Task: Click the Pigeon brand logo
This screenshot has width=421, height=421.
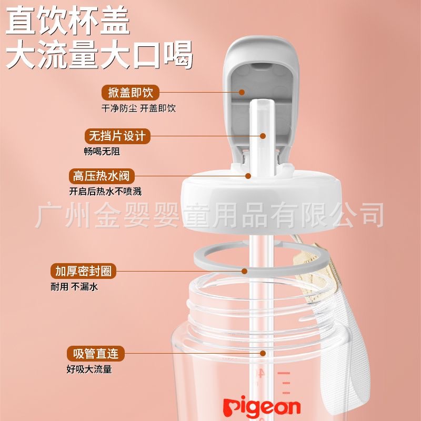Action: (262, 406)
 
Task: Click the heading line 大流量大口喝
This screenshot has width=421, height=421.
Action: (98, 55)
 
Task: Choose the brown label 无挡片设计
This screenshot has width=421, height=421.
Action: (117, 136)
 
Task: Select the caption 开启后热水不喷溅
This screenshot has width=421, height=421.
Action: (105, 191)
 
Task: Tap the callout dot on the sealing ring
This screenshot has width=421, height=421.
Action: (245, 272)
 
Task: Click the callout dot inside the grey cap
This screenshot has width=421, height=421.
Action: (242, 93)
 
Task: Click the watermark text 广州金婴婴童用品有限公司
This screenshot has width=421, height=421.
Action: (210, 216)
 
